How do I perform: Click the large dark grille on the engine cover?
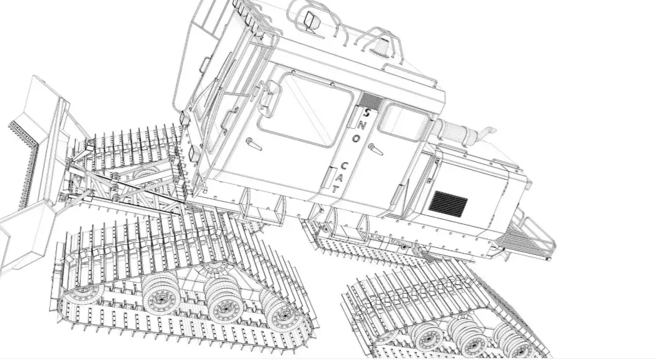coord(448,203)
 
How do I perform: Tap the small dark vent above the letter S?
coord(370,100)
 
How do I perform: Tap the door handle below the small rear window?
coord(375,148)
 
